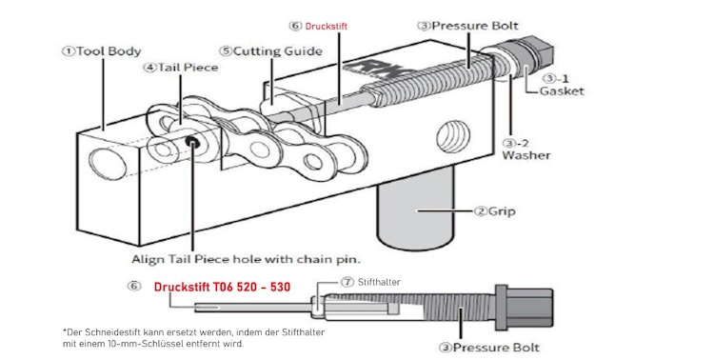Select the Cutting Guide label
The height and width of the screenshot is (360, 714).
pos(263,50)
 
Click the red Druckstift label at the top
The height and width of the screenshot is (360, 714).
pos(321,27)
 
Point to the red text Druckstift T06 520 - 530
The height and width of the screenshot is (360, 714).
pos(221,286)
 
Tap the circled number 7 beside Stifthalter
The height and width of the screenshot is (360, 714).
pos(348,283)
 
